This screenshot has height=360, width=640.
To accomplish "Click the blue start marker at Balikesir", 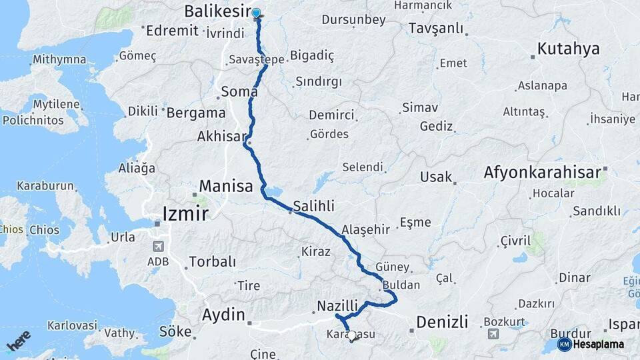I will (x=256, y=13).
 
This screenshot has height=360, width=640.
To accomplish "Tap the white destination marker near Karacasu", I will (x=353, y=336).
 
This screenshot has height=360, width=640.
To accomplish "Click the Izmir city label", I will (x=185, y=213).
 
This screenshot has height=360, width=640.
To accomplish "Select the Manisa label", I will (x=226, y=185).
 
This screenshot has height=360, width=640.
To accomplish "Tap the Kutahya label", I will (x=568, y=49).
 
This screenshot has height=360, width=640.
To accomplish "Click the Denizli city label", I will (x=442, y=321).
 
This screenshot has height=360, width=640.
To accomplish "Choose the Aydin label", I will (x=223, y=315).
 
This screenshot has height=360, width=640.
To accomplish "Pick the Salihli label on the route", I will (x=313, y=205).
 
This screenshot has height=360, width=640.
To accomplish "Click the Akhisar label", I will (x=222, y=136).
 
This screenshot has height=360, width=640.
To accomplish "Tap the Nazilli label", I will (x=337, y=305).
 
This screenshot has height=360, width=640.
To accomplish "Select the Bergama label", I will (x=195, y=113).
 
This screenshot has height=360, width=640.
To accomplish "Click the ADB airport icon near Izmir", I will (x=157, y=245).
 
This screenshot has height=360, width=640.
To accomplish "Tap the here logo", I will (x=19, y=341).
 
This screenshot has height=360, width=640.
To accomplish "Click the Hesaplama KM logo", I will (x=591, y=344).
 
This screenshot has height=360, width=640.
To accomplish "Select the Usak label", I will (x=436, y=177).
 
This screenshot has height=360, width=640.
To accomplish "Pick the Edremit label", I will (x=172, y=30).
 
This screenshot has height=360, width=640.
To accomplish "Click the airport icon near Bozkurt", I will (x=493, y=334).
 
